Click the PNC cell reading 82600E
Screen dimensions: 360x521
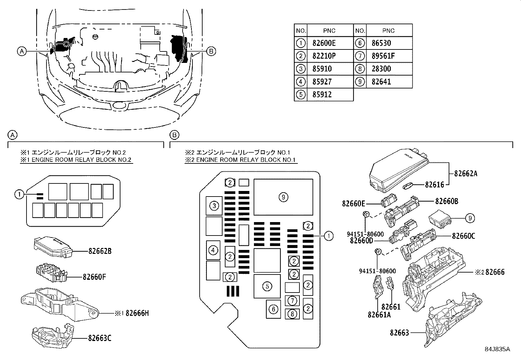click(324, 43)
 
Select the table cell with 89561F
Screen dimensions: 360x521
click(383, 56)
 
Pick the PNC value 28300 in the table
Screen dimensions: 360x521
click(381, 69)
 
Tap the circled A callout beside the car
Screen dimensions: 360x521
click(22, 51)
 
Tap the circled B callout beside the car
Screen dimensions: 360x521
click(211, 51)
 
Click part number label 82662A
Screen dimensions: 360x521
click(465, 174)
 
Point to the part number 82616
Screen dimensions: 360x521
click(434, 185)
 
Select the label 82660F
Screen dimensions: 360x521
click(94, 277)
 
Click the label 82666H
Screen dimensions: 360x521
click(137, 313)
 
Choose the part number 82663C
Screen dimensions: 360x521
click(99, 338)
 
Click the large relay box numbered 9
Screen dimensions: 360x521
click(283, 197)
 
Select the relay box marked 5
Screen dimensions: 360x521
click(267, 286)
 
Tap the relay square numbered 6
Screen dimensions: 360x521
click(273, 309)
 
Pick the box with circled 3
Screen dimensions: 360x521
click(214, 206)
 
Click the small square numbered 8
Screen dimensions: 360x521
click(292, 314)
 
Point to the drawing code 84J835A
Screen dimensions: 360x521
click(497, 349)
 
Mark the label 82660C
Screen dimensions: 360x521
click(463, 236)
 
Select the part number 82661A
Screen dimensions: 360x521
click(379, 314)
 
